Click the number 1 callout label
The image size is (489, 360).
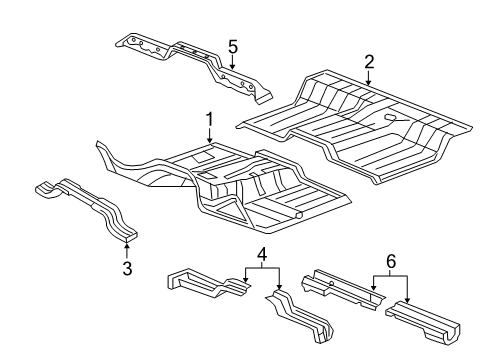click(x=210, y=121)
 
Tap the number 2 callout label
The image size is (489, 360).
click(x=369, y=62)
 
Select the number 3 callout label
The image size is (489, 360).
click(x=128, y=267)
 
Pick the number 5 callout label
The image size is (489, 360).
click(x=232, y=46)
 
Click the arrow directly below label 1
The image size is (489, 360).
click(x=210, y=141)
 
